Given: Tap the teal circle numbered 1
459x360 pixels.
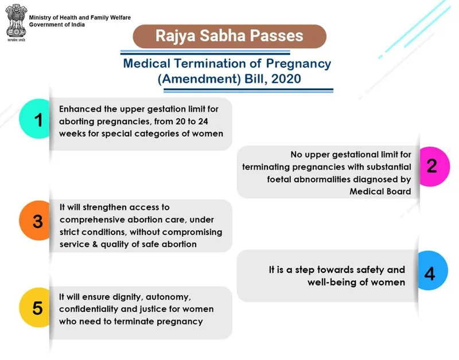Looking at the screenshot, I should click(38, 120).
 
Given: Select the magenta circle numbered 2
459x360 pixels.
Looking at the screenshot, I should click(431, 166).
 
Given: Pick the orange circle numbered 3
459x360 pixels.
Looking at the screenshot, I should click(38, 221).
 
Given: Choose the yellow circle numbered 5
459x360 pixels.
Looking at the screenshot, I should click(38, 308).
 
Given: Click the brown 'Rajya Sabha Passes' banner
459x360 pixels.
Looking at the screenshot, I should click(229, 36).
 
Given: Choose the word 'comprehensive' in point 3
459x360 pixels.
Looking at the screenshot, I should click(94, 219).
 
